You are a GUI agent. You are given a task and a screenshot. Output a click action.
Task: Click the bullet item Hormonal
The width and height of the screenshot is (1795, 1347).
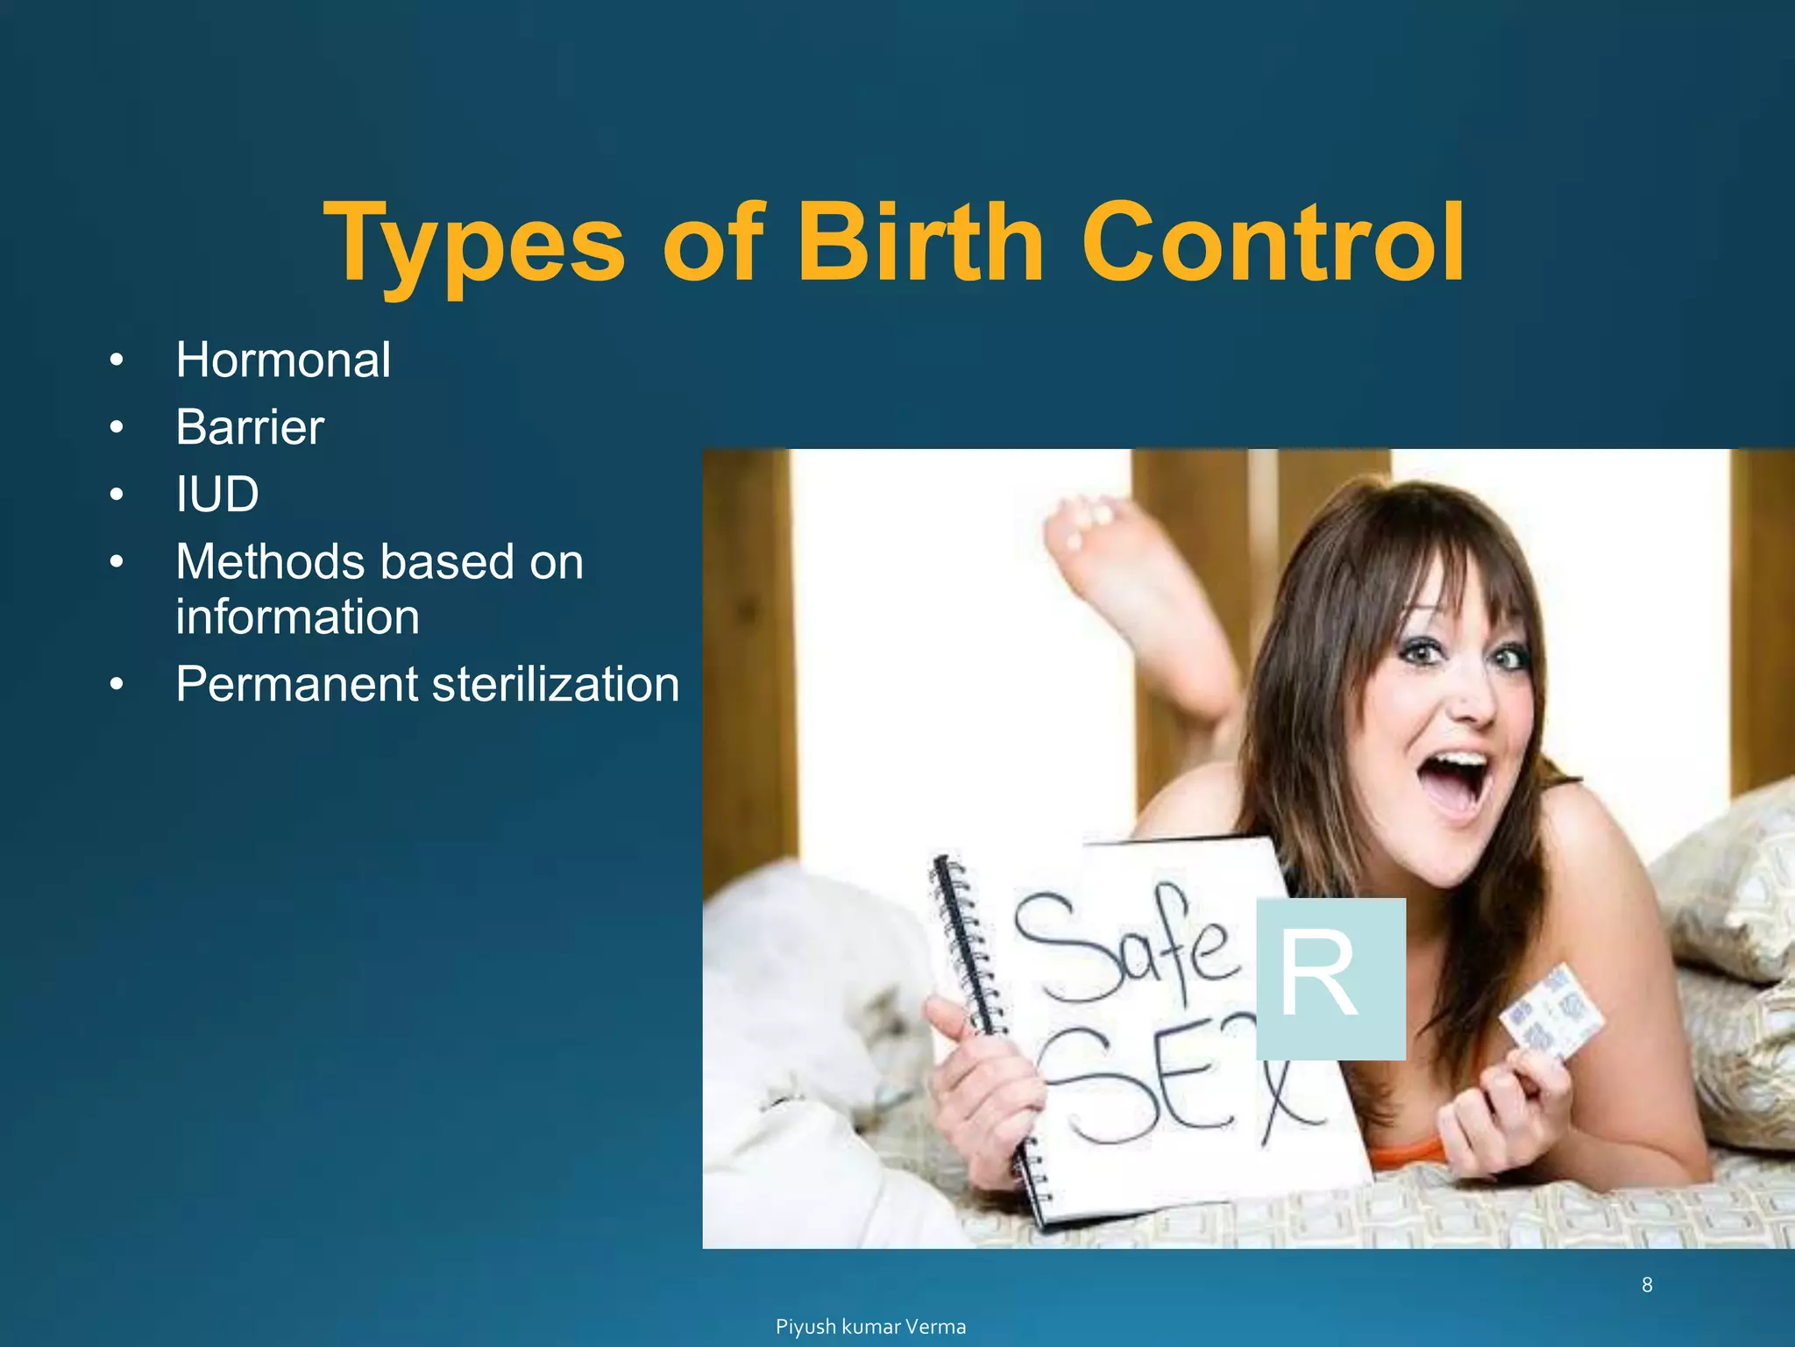(283, 360)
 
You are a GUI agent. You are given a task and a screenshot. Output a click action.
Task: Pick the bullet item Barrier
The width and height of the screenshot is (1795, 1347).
(250, 427)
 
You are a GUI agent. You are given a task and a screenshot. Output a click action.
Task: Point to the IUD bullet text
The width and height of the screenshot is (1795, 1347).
(217, 494)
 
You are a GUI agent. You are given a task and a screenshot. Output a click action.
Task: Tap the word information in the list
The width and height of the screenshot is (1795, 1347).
(297, 616)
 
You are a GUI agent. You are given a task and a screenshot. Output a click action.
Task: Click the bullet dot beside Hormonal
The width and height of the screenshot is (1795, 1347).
(117, 360)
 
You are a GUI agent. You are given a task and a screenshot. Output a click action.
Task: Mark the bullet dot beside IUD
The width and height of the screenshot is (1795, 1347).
(117, 495)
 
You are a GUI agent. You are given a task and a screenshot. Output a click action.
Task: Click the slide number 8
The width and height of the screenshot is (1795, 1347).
(1647, 1285)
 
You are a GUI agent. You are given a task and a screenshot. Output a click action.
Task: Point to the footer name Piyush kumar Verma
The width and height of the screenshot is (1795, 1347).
(870, 1327)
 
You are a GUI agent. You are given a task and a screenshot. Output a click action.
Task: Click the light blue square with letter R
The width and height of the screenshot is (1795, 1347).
(1330, 979)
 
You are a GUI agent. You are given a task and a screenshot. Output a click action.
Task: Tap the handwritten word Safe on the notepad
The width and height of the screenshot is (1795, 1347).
(1126, 947)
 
